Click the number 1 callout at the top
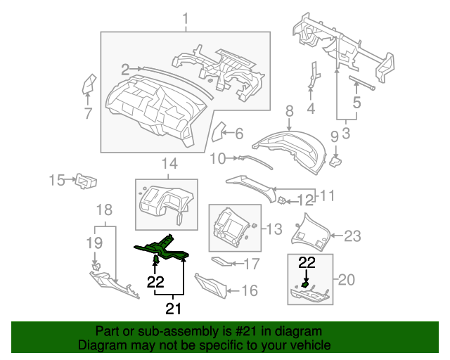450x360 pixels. pyautogui.click(x=186, y=18)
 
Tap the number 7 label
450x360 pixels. pyautogui.click(x=88, y=113)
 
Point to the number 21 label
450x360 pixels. pyautogui.click(x=172, y=307)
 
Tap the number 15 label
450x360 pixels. pyautogui.click(x=57, y=181)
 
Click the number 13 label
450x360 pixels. pyautogui.click(x=272, y=228)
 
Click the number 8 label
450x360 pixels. pyautogui.click(x=288, y=110)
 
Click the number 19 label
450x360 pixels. pyautogui.click(x=94, y=243)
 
